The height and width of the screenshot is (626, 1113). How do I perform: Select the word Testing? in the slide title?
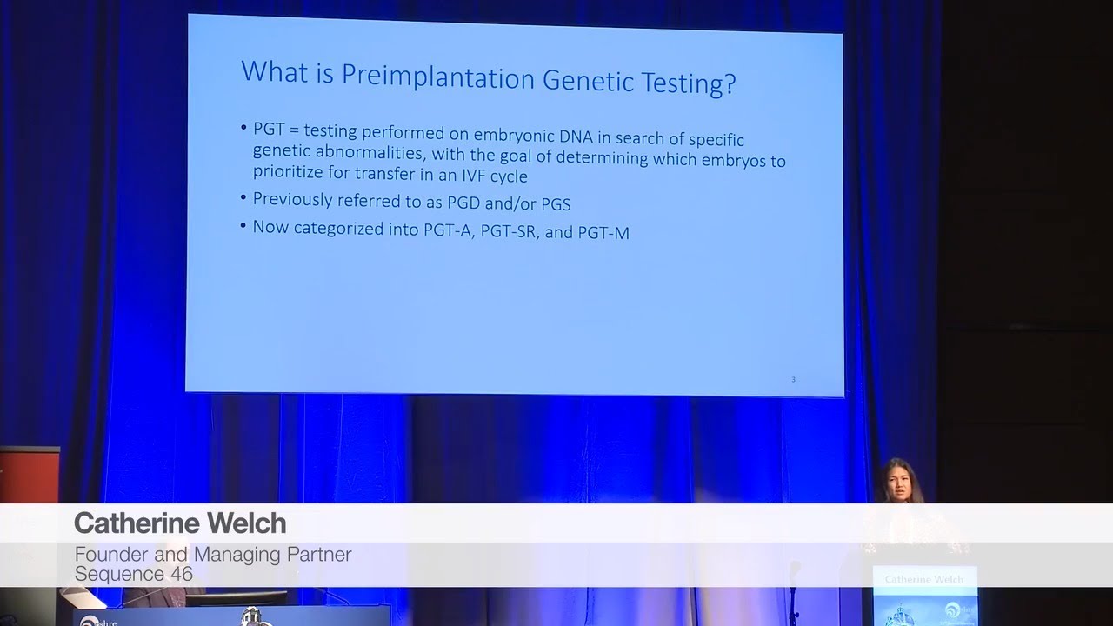point(691,83)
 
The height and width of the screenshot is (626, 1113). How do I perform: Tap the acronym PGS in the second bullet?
point(552,204)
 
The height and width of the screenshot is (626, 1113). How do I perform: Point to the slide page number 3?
point(793,379)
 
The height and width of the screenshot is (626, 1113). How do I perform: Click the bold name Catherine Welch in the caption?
point(180,523)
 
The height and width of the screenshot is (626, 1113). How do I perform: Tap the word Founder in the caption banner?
point(109,554)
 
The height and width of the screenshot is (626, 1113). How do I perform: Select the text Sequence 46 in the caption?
point(133,574)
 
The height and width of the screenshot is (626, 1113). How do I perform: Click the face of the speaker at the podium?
point(896,480)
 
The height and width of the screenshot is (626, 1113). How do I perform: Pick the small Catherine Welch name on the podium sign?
point(923,579)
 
